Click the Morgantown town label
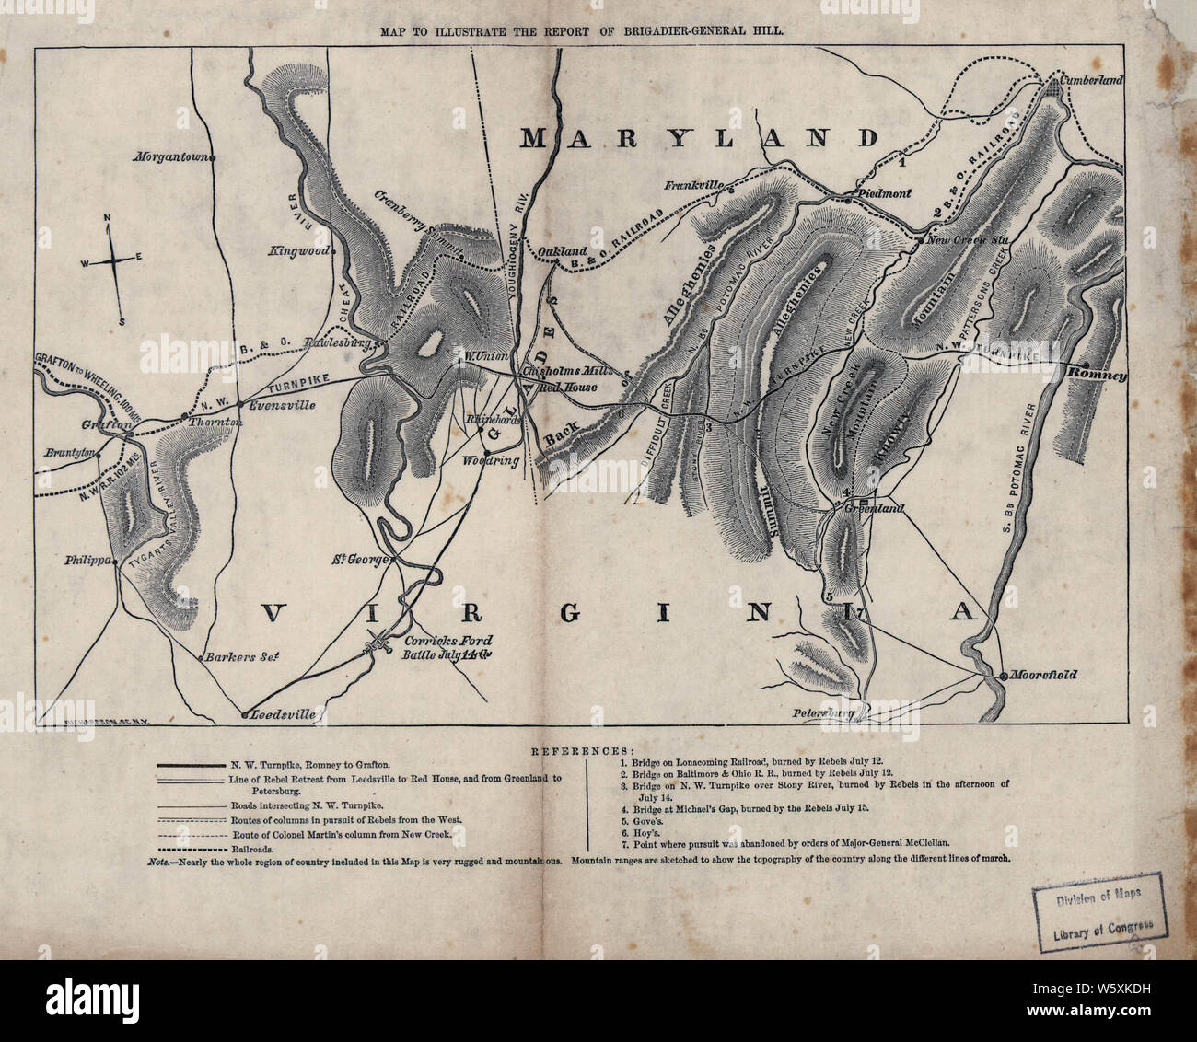coord(171,156)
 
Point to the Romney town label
coord(1098,376)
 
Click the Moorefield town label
coord(1043,675)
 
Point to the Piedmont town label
coord(884,194)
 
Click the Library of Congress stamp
coord(1098,916)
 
